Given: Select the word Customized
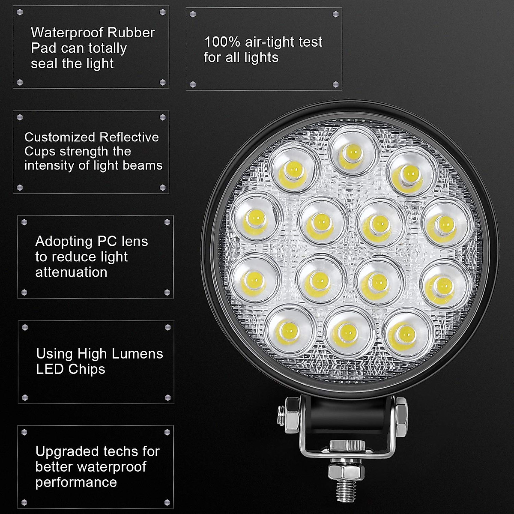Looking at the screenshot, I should click(x=60, y=137).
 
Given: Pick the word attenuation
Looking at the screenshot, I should click(x=71, y=272).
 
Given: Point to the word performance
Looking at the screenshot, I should click(x=76, y=482).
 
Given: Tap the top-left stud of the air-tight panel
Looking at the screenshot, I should click(x=193, y=14).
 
